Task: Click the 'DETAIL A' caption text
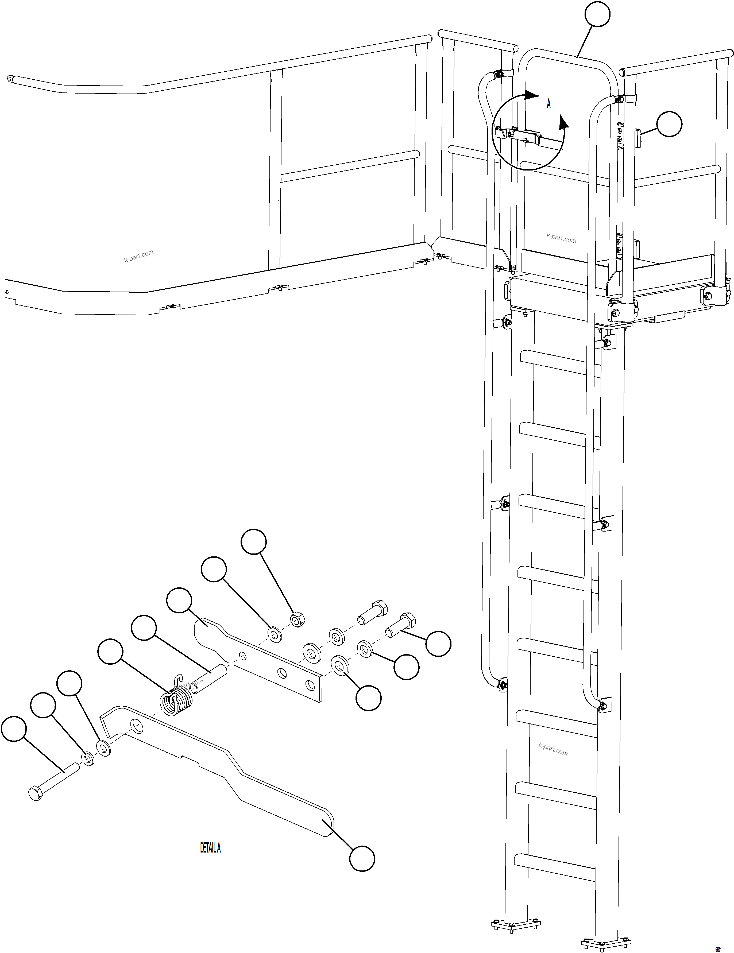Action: [210, 848]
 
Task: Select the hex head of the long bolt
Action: [35, 793]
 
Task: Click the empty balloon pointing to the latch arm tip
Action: [362, 859]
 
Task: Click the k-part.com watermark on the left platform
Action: [139, 256]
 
